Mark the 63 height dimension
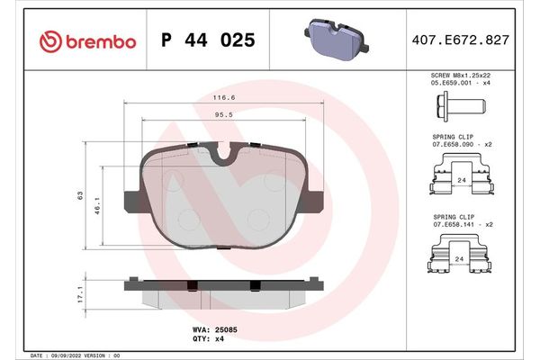click(81, 195)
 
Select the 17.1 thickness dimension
click(81, 293)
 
